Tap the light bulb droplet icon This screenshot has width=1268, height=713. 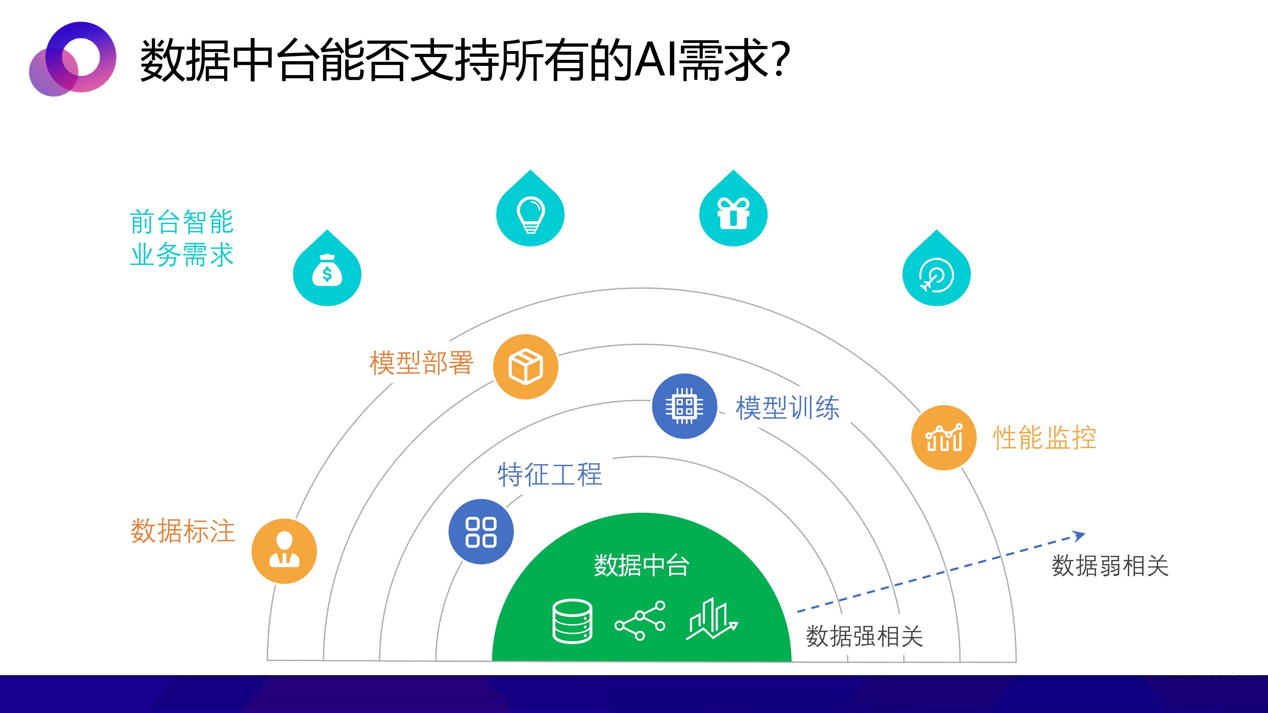click(x=530, y=209)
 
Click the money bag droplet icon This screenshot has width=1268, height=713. click(x=327, y=269)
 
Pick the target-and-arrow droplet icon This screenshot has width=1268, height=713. click(x=936, y=269)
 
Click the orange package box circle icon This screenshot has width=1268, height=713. click(x=526, y=367)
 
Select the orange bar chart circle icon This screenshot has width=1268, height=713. click(x=944, y=437)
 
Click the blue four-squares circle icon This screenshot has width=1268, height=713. click(x=481, y=531)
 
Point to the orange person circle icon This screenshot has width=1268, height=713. click(x=284, y=551)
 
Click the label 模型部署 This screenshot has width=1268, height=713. click(x=421, y=363)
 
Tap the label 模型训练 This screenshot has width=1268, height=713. click(x=787, y=408)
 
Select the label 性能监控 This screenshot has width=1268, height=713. click(x=1045, y=437)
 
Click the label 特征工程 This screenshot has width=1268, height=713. click(x=550, y=474)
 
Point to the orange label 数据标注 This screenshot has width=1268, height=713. click(x=183, y=531)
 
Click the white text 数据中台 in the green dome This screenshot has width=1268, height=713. click(x=641, y=565)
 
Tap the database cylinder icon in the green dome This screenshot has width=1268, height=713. click(x=573, y=621)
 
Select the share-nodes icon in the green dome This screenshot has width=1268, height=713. click(x=640, y=620)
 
